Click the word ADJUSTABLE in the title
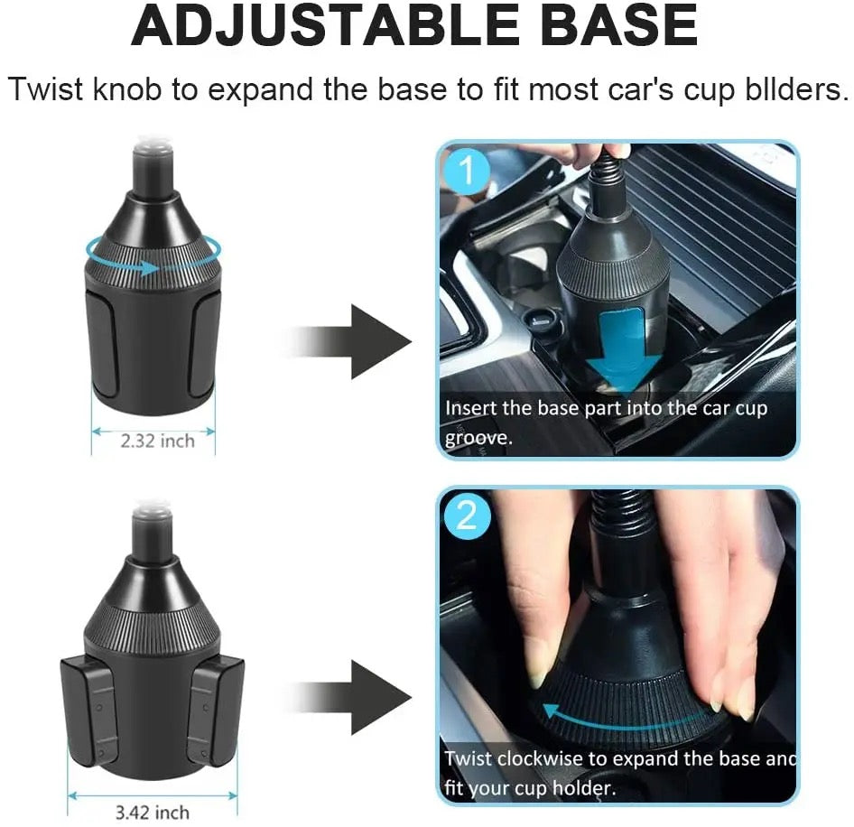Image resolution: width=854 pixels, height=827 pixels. click(x=324, y=25)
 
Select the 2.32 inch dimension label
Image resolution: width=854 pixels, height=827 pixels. click(x=157, y=441)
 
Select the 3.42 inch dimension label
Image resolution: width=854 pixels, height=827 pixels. click(x=153, y=813)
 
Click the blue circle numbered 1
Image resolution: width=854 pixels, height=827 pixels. click(x=467, y=171)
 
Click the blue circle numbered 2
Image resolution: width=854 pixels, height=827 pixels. click(x=467, y=516)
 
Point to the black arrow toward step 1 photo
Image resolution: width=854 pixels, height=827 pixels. click(x=348, y=341)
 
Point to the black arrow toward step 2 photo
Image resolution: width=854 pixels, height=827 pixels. click(x=348, y=697)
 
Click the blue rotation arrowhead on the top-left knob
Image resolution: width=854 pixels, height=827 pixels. click(x=148, y=267)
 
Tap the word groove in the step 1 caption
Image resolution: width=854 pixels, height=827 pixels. click(x=478, y=438)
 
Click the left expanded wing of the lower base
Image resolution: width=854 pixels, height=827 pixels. click(x=90, y=710)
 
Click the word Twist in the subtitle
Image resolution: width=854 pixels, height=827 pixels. click(x=47, y=88)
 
